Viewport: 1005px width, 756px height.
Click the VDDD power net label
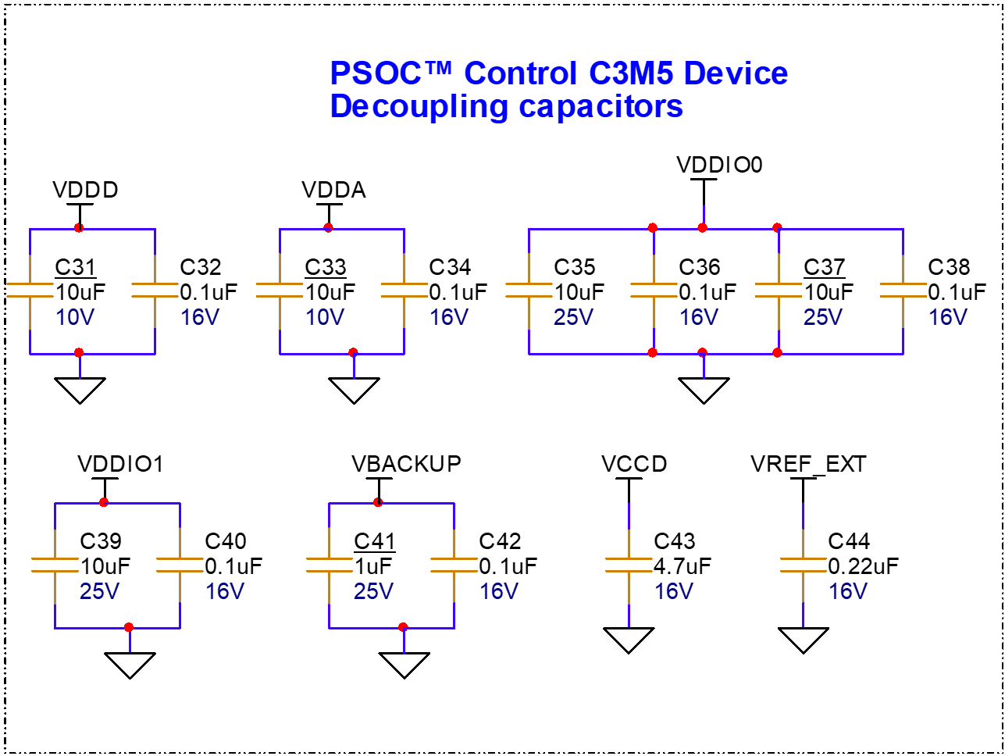pos(85,190)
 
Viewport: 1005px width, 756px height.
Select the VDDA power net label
pos(333,190)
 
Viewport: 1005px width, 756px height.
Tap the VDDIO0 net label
pos(719,165)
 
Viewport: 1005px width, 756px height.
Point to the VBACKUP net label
pos(406,464)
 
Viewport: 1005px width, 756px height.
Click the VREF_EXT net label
pos(808,464)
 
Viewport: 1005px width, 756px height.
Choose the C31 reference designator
pos(75,267)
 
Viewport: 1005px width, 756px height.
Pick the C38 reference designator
pos(949,267)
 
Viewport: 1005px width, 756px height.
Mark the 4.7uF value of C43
pos(682,566)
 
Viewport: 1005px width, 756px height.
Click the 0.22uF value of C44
pos(863,566)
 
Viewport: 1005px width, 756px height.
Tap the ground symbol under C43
pos(629,640)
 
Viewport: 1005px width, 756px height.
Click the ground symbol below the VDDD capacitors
pos(80,390)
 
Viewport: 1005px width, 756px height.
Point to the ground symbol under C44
pos(803,640)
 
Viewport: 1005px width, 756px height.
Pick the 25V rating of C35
pos(573,317)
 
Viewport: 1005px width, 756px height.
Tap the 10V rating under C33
pos(325,317)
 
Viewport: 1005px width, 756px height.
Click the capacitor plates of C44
pos(803,565)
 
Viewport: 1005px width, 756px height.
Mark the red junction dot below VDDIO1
pos(104,502)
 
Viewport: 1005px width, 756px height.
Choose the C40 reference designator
pos(226,541)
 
